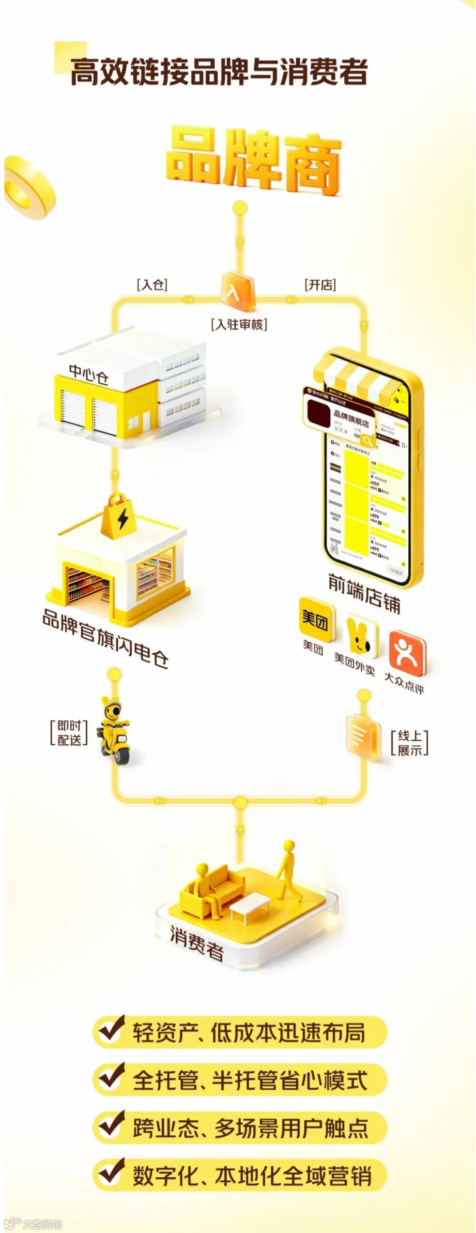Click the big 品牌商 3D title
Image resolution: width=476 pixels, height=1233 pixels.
pyautogui.click(x=253, y=162)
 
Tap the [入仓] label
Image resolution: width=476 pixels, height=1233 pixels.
pyautogui.click(x=152, y=284)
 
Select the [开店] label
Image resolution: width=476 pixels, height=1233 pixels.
pyautogui.click(x=320, y=285)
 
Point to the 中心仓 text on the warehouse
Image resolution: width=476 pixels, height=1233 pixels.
pyautogui.click(x=88, y=374)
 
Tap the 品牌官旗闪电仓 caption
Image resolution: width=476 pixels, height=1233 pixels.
pyautogui.click(x=106, y=638)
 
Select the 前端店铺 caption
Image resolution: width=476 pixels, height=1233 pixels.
pyautogui.click(x=364, y=593)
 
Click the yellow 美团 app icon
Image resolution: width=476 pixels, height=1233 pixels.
pyautogui.click(x=316, y=619)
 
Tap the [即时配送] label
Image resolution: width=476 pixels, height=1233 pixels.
pyautogui.click(x=69, y=732)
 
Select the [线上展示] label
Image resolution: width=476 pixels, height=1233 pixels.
pyautogui.click(x=409, y=743)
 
